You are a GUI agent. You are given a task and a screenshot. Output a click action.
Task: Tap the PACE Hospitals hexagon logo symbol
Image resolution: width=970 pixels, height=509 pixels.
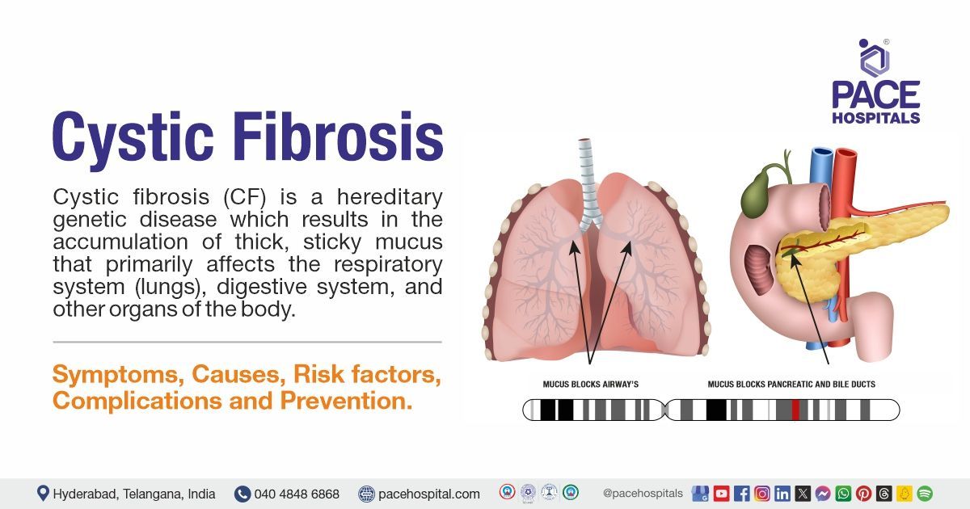pos(874,58)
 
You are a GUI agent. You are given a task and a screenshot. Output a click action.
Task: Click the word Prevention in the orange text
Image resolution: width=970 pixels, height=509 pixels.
pos(346,401)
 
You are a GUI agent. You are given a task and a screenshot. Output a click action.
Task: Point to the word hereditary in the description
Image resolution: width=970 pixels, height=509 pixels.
pos(390,197)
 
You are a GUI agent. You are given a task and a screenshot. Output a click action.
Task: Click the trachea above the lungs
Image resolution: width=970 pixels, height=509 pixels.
pos(588,182)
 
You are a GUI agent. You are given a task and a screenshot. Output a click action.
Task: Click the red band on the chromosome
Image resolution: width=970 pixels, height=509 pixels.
pos(795,410)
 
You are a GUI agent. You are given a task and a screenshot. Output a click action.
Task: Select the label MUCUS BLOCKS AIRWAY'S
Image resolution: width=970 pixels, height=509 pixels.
pos(591,385)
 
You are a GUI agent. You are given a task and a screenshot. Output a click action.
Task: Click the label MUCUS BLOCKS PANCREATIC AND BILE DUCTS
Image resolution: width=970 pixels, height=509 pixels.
pos(791,385)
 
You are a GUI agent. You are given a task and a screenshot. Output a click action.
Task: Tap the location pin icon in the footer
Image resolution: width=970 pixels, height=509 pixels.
pos(42,494)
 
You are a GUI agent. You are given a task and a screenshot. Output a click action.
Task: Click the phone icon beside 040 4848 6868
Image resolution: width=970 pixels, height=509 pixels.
pos(242,494)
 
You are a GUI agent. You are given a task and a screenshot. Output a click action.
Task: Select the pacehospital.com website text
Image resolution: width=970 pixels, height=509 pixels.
pos(428,494)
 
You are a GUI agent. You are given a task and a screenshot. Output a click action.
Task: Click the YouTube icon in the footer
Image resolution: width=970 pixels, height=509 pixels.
pos(721,494)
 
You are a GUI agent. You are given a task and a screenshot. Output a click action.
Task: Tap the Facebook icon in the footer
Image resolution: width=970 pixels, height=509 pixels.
pos(742,494)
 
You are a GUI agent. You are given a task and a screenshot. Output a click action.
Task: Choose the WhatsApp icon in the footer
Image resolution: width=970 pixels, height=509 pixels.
pos(844,494)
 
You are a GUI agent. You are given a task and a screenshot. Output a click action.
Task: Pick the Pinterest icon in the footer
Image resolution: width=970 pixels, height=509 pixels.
pos(864,494)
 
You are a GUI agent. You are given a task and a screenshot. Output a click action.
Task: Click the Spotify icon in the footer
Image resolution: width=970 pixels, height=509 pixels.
pos(925,494)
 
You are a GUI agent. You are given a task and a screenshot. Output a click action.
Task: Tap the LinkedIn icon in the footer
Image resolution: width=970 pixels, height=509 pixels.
pos(782,494)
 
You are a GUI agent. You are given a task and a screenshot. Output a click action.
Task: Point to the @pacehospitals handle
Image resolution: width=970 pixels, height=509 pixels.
pos(643,494)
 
